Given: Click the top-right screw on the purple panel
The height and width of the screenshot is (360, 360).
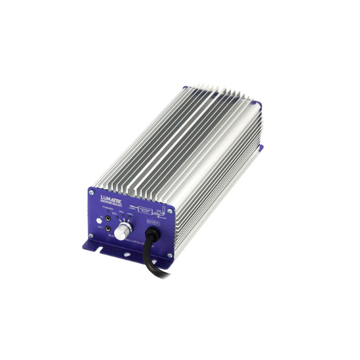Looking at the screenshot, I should (x=170, y=211).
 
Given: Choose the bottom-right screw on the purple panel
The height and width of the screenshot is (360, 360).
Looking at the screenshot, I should (x=169, y=255).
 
